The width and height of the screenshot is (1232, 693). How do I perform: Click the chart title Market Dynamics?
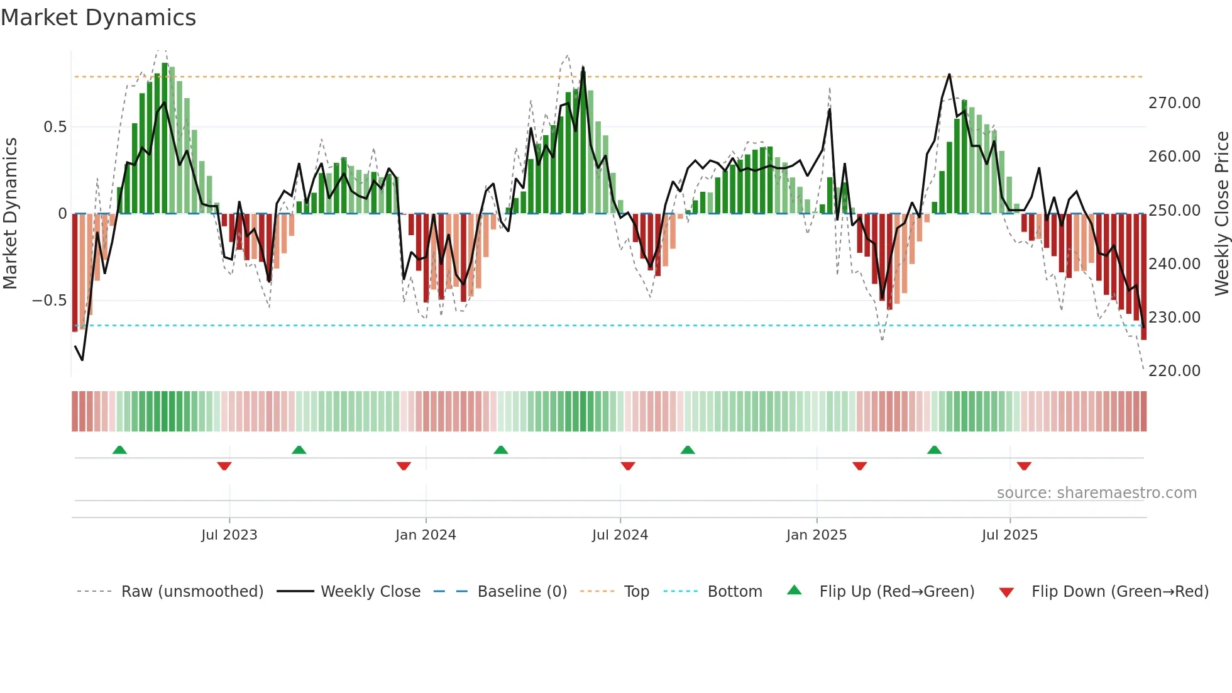coord(99,18)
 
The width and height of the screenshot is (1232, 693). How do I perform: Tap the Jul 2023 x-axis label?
coord(229,535)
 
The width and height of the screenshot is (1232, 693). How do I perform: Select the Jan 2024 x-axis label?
coord(426,535)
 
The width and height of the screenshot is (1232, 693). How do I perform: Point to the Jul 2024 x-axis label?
coord(620,535)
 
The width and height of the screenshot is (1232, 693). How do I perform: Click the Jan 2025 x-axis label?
coord(817,535)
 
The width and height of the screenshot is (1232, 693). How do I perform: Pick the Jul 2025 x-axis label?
coord(1009,535)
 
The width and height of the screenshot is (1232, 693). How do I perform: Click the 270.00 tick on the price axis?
coord(1174,103)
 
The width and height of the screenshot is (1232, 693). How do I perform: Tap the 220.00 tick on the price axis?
coord(1174,371)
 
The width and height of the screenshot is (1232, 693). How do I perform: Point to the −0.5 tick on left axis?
coord(49,301)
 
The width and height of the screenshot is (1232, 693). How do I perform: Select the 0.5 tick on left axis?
coord(55,127)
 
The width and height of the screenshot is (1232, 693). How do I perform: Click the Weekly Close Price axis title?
coord(1221,213)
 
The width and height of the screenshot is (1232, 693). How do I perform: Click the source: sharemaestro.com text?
coord(1096,493)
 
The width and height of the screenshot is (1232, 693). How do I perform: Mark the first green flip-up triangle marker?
coord(119,450)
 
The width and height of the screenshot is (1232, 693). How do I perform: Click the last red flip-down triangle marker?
coord(1024,466)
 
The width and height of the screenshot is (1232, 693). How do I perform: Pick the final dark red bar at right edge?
coord(1144,277)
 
